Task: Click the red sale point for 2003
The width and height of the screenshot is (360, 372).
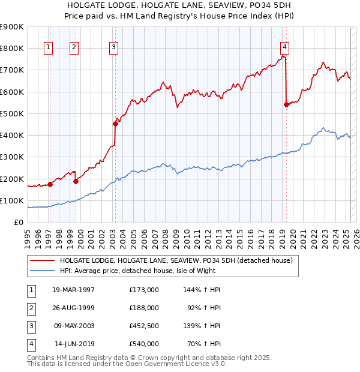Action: [115, 124]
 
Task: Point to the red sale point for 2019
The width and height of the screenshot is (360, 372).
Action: [286, 105]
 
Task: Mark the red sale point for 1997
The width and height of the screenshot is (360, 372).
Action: [50, 185]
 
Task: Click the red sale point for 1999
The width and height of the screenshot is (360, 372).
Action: [76, 181]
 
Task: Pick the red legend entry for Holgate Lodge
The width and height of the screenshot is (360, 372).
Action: [175, 260]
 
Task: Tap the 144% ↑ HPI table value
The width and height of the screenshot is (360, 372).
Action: [202, 289]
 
